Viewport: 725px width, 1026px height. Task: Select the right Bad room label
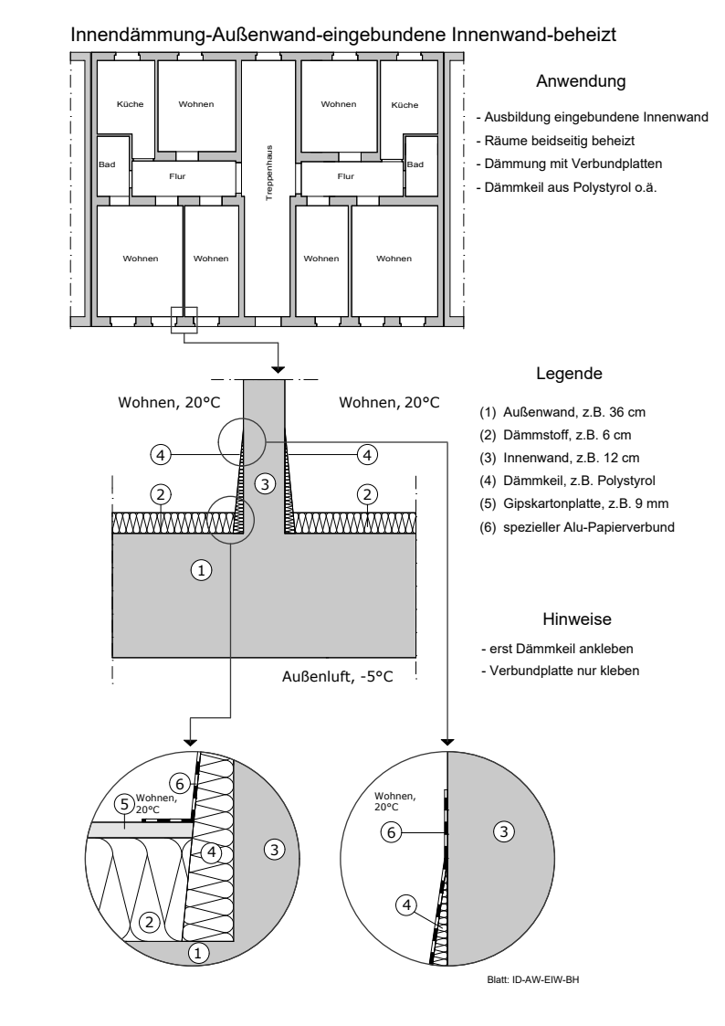(x=415, y=164)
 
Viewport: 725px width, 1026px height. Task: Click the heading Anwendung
(x=580, y=81)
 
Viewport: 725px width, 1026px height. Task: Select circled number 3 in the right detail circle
(x=499, y=830)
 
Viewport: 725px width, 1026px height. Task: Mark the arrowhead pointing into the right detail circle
(x=448, y=738)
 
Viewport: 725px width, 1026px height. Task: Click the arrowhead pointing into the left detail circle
(x=191, y=738)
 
